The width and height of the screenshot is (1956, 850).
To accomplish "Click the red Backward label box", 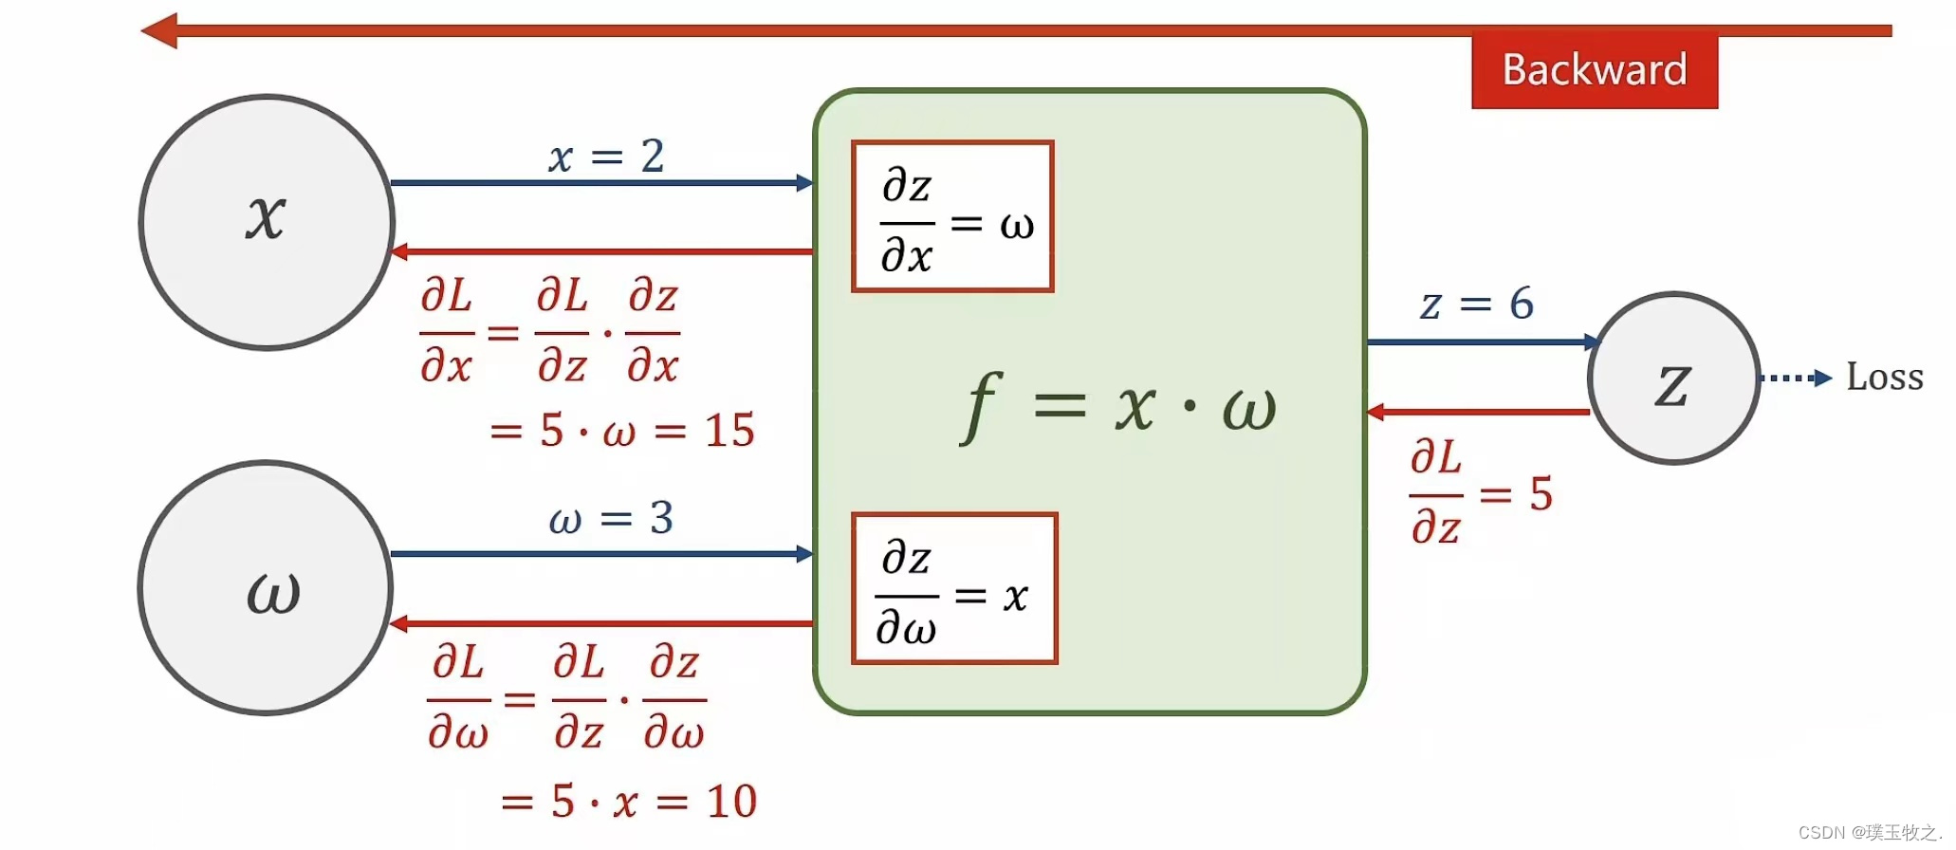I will pyautogui.click(x=1594, y=70).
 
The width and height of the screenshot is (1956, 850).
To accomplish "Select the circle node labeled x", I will pyautogui.click(x=267, y=222).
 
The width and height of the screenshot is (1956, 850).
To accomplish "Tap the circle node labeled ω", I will pyautogui.click(x=267, y=588).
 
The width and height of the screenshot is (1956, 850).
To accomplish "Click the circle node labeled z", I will pyautogui.click(x=1673, y=379).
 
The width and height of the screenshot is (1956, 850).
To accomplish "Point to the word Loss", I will pyautogui.click(x=1884, y=378).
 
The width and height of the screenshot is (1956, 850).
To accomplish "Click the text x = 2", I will pyautogui.click(x=606, y=157).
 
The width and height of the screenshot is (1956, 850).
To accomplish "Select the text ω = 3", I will pyautogui.click(x=611, y=519).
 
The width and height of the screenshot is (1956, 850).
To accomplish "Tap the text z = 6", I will pyautogui.click(x=1476, y=305).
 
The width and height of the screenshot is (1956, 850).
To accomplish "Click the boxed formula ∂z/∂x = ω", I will pyautogui.click(x=952, y=217).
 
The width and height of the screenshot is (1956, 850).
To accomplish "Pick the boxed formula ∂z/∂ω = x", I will pyautogui.click(x=953, y=589).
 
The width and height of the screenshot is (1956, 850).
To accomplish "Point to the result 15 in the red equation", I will pyautogui.click(x=729, y=431).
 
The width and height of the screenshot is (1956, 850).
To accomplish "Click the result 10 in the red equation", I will pyautogui.click(x=731, y=802).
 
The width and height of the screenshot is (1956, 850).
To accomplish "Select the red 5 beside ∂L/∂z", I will pyautogui.click(x=1541, y=494).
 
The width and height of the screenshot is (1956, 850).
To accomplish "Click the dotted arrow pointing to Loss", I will pyautogui.click(x=1795, y=378).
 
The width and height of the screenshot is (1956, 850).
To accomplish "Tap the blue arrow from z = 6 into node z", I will pyautogui.click(x=1480, y=342).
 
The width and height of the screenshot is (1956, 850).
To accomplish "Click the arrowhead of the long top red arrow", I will pyautogui.click(x=159, y=30).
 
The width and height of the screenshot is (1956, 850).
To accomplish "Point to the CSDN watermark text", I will pyautogui.click(x=1869, y=833).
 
